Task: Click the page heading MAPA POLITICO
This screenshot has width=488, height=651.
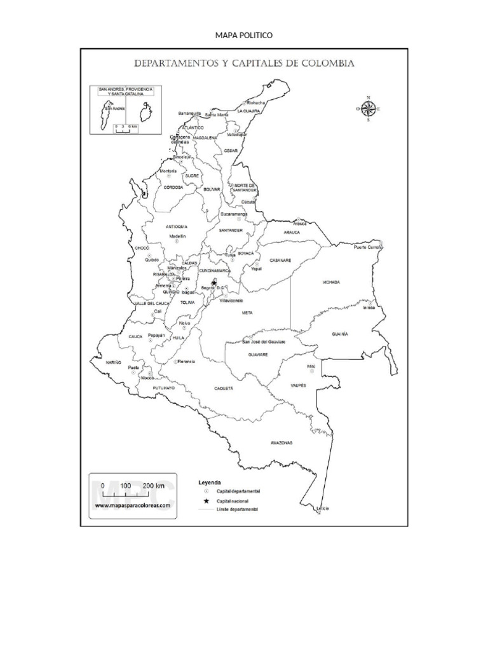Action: pos(244,36)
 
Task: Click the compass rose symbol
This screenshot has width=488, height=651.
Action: pos(368,109)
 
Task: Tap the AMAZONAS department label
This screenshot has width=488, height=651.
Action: pos(280,442)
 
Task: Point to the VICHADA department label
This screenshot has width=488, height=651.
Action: pos(331,282)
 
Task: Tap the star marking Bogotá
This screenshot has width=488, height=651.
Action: pos(214,284)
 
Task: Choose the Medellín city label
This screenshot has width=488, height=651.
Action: pos(177,236)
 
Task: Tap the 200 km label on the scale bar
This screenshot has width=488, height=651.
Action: pos(153,486)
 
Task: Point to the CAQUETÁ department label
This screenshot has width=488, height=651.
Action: pos(224,387)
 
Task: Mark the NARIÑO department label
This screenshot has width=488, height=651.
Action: pos(114,361)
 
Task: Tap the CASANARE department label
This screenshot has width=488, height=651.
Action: pos(280,260)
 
